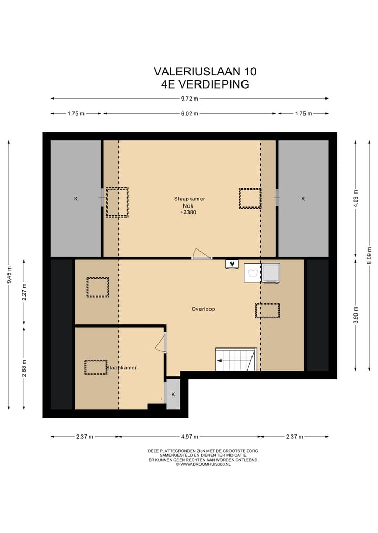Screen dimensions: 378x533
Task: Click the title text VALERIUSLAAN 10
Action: point(205,71)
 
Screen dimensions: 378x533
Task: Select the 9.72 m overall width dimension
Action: point(190,99)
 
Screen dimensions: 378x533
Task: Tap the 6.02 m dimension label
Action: point(190,114)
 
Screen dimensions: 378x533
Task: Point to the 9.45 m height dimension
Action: point(9,275)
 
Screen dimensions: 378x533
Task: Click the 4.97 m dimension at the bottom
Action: point(190,437)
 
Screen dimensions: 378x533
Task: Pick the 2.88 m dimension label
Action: point(24,368)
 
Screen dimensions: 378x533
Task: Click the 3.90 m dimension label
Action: point(356,316)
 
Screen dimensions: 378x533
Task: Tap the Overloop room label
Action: point(203,309)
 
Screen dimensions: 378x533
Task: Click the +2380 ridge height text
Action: point(188,212)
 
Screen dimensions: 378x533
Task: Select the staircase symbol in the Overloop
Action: point(236,359)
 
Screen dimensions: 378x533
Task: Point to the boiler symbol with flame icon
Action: point(232,264)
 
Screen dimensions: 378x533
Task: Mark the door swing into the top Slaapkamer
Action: point(202,254)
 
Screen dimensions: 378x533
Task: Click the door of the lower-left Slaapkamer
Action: point(161,342)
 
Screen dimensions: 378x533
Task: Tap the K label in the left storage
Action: point(76,199)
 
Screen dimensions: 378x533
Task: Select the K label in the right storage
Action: point(303,199)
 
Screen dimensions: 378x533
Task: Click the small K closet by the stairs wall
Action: point(173,394)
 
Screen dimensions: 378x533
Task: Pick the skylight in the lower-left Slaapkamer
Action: point(96,367)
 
